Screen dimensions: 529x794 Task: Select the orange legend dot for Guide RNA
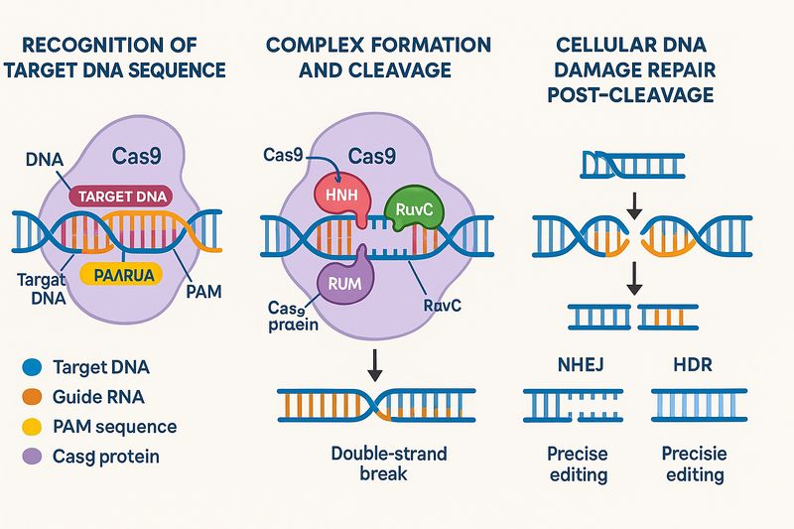(x=30, y=398)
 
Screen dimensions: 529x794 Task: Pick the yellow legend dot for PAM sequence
(x=30, y=428)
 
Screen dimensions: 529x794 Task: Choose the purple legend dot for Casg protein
(x=30, y=457)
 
